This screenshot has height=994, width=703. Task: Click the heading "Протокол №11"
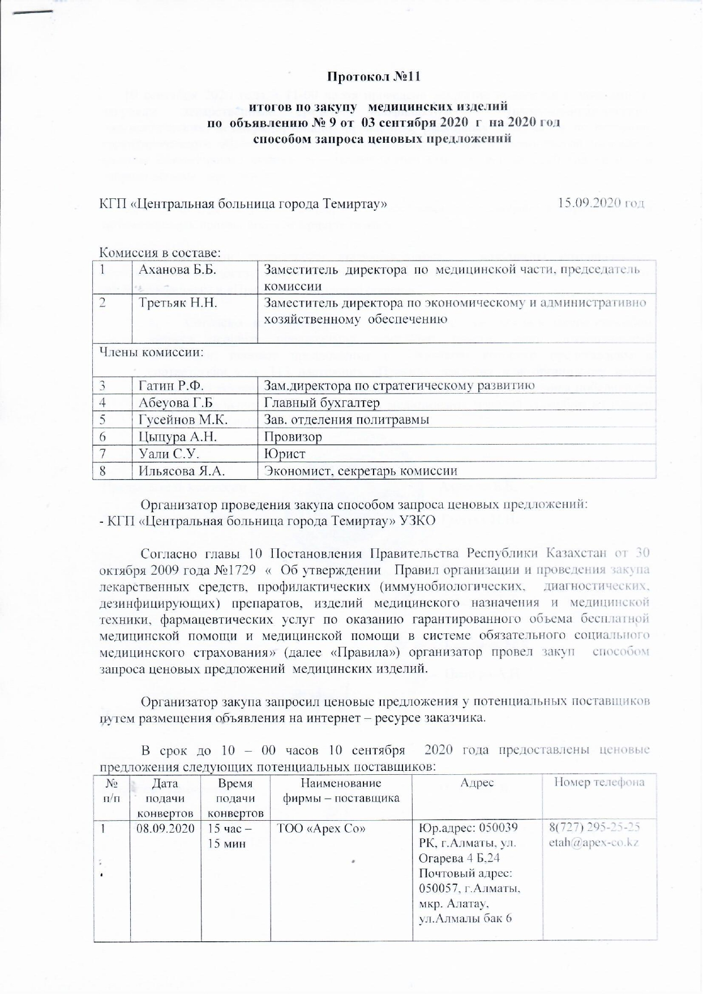[x=375, y=76]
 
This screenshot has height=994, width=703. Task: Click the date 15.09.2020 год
[x=601, y=203]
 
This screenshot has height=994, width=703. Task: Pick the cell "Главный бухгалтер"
[x=322, y=403]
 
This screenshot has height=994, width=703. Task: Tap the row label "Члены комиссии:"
[x=152, y=352]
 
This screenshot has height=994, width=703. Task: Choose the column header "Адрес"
[x=477, y=783]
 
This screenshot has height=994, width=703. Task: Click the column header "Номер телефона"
[x=599, y=783]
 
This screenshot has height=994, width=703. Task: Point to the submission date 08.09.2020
[x=165, y=828]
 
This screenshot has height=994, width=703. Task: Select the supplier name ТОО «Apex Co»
[x=320, y=828]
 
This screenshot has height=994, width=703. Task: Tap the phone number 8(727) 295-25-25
[x=594, y=827]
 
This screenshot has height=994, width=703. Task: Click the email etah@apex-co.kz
[x=594, y=842]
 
